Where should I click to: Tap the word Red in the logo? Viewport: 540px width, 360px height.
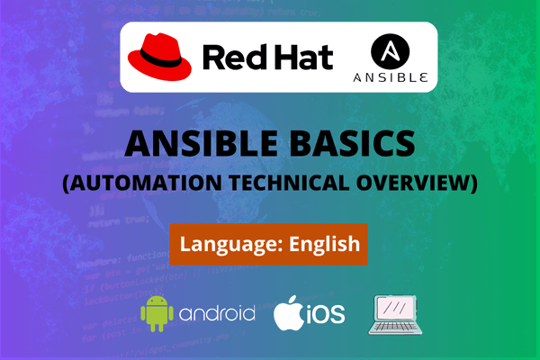click(232, 57)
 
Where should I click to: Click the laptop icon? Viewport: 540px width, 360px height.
click(396, 314)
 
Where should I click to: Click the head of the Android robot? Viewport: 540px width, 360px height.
click(156, 301)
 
